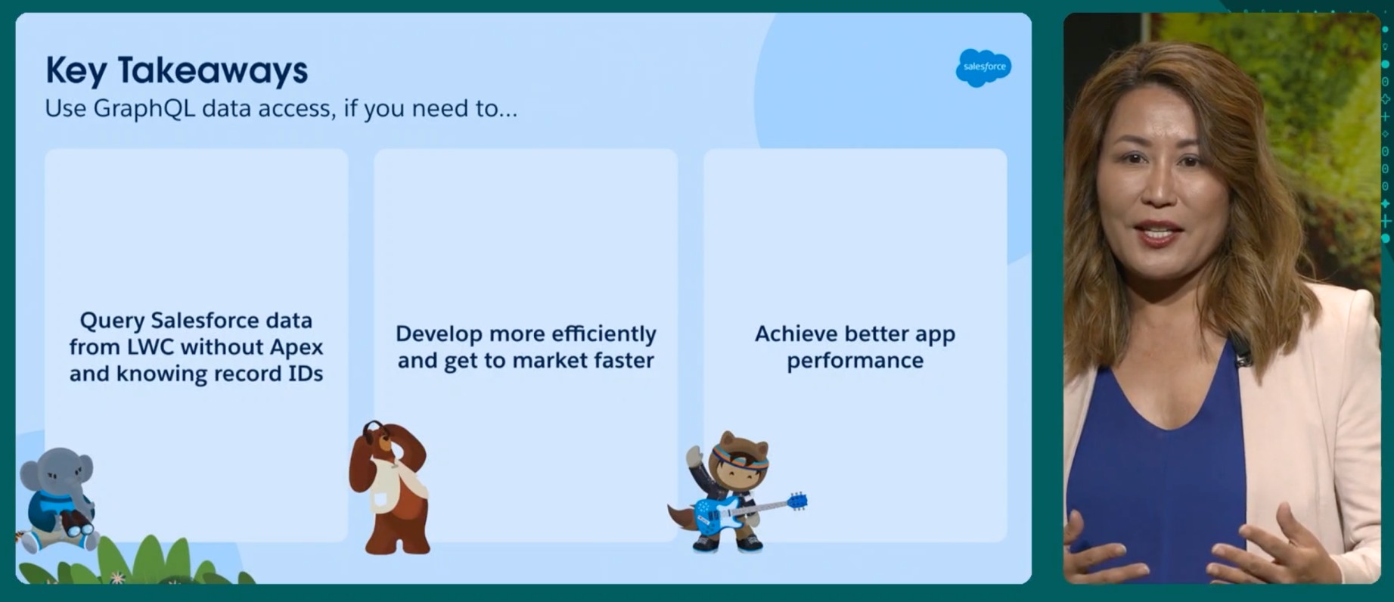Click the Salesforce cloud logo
tap(983, 67)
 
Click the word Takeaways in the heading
tap(213, 71)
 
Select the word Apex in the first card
tap(297, 347)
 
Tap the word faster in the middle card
tap(623, 360)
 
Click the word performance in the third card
tap(855, 362)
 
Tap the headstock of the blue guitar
tap(797, 501)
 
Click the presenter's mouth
tap(1159, 233)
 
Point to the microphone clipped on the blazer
tap(1240, 352)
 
